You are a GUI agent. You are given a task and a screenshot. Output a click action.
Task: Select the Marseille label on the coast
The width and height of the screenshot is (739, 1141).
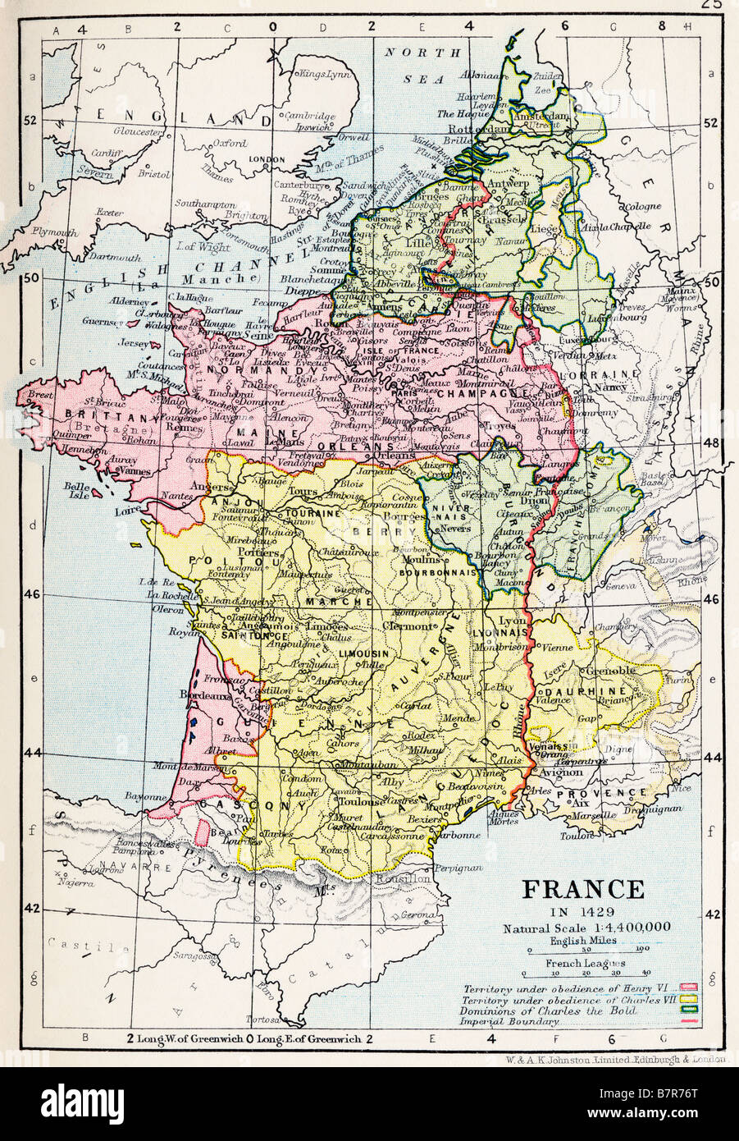pyautogui.click(x=595, y=815)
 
